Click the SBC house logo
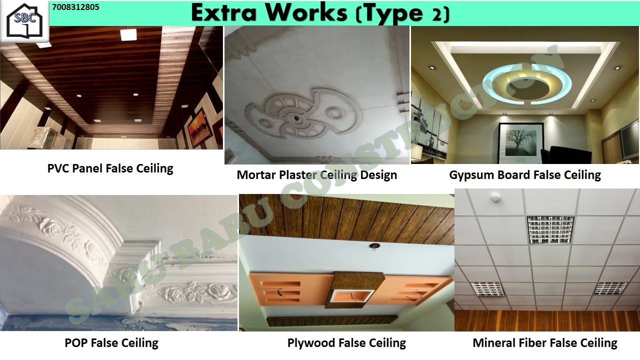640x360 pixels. click(24, 21)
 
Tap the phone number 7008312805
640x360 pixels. click(75, 7)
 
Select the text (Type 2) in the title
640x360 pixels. click(403, 13)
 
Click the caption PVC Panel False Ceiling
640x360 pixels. click(110, 168)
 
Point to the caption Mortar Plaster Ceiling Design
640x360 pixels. click(317, 175)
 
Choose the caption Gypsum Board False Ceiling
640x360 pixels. click(525, 175)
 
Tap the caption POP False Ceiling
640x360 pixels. click(111, 343)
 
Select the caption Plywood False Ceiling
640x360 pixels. click(346, 343)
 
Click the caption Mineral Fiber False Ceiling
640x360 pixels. click(545, 343)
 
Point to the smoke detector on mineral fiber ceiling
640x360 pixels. click(494, 197)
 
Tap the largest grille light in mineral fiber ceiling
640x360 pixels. click(550, 229)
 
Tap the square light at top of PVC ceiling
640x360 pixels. click(128, 35)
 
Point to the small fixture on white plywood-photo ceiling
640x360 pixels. click(373, 246)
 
